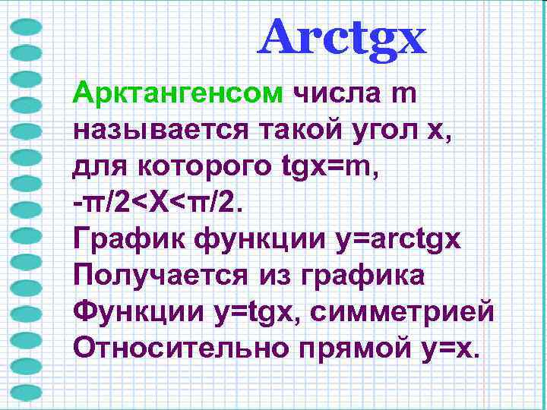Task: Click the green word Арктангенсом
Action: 178,96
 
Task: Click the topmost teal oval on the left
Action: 27,28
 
